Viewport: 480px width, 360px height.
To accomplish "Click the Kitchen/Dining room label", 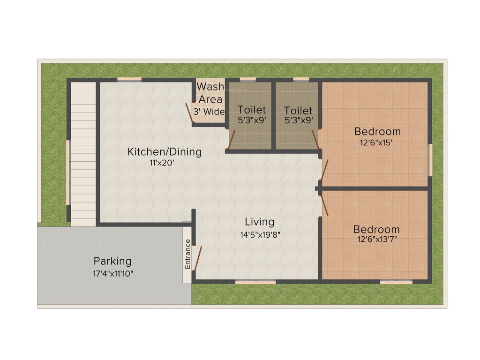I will click(x=165, y=152).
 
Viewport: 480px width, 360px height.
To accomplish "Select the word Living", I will click(x=260, y=222).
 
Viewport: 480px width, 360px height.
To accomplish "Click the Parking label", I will click(x=112, y=261).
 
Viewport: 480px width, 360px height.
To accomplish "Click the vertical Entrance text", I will click(x=187, y=254).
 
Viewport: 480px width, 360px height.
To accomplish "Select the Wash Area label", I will click(x=210, y=93).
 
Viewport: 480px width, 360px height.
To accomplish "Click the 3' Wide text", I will click(x=209, y=112).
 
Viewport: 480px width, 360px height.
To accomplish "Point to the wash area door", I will click(x=189, y=112).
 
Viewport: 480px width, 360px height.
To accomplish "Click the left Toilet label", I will click(x=251, y=110).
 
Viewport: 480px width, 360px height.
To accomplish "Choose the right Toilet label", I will click(x=298, y=111).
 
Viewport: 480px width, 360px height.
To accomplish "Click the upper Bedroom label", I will click(x=377, y=131).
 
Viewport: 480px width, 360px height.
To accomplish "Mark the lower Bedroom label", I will click(x=376, y=229).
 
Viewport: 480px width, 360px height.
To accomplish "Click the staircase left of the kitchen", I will click(x=83, y=155).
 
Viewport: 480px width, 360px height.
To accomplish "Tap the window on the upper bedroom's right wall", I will click(x=430, y=160).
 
